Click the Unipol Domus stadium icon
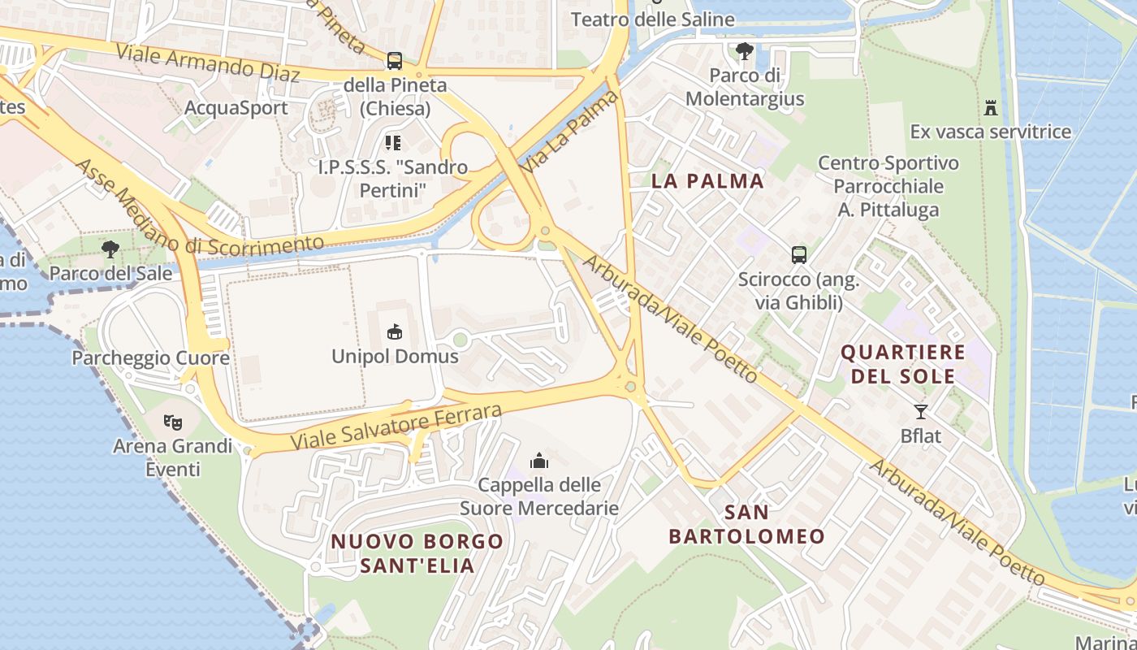(395, 331)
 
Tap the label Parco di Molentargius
(745, 88)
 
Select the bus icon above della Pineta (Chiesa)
(395, 60)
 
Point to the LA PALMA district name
(707, 181)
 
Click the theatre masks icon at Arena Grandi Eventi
(172, 422)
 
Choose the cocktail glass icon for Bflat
(920, 411)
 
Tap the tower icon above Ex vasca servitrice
(990, 107)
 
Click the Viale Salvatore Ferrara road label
(396, 427)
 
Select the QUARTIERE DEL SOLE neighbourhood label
(902, 364)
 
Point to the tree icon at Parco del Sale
(110, 249)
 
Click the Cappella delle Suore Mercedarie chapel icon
(539, 461)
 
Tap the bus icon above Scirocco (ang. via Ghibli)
(799, 255)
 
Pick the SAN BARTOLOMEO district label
(746, 524)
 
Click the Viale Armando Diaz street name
(208, 63)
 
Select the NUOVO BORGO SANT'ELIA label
(417, 552)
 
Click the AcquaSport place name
(236, 108)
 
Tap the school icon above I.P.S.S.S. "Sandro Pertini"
(393, 143)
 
